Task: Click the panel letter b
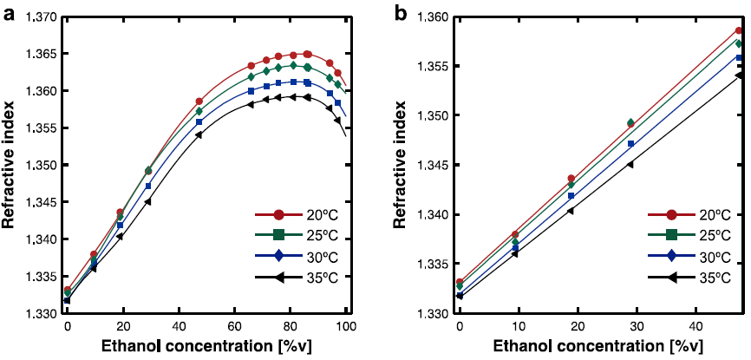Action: [x=401, y=13]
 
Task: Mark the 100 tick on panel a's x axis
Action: [x=346, y=328]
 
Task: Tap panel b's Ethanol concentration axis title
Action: [x=599, y=348]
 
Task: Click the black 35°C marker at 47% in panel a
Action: [x=199, y=134]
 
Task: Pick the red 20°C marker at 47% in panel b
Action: [x=739, y=31]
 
